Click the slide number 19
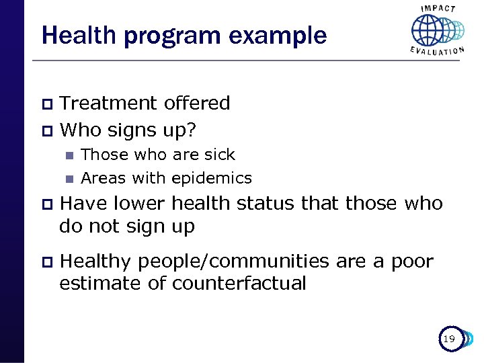point(448,339)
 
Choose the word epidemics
point(212,178)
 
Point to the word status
point(266,203)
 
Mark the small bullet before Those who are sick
point(68,155)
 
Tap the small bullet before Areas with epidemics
point(68,179)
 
